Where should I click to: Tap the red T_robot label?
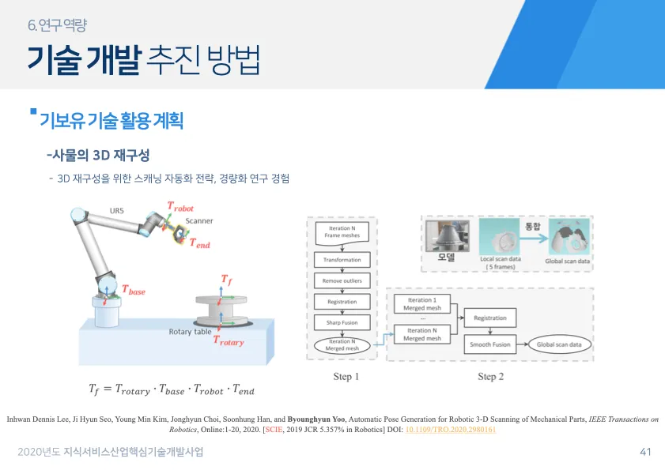(180, 207)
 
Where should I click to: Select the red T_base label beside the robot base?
(133, 291)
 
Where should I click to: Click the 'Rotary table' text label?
(191, 332)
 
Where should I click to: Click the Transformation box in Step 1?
(342, 260)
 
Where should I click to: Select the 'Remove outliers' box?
(342, 280)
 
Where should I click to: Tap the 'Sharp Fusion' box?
(342, 322)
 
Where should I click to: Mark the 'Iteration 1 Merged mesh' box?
(421, 305)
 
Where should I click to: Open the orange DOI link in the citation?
(450, 430)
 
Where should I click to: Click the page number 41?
(645, 453)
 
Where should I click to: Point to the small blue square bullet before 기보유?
(32, 113)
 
